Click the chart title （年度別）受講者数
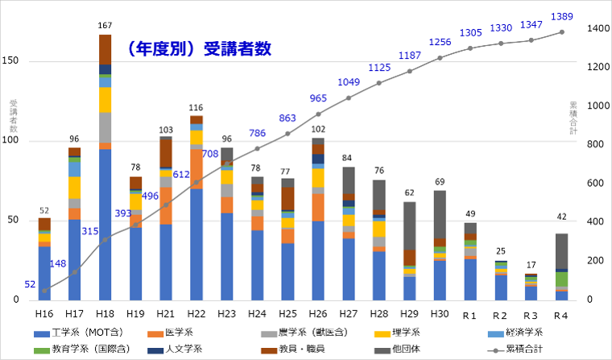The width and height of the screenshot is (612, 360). [198, 49]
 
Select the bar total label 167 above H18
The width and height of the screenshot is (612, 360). [105, 27]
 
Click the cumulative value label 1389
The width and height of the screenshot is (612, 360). [561, 17]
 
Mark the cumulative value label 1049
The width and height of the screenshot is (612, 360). [349, 82]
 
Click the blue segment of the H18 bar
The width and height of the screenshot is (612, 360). [105, 226]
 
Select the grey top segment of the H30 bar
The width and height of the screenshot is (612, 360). [440, 214]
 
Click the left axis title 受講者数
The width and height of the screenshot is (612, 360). [13, 118]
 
